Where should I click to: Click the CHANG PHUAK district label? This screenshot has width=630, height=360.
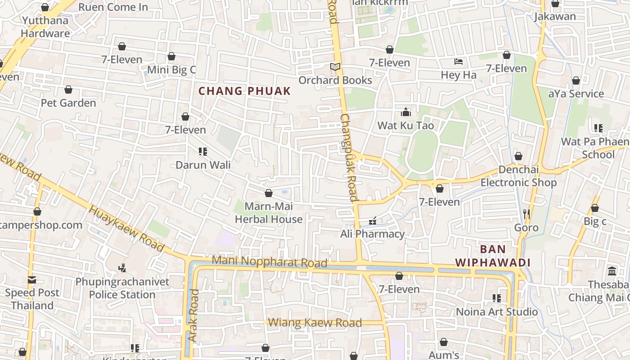(245, 91)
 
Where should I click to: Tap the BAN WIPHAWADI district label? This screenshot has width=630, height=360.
(493, 256)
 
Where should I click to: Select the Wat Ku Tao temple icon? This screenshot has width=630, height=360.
(406, 112)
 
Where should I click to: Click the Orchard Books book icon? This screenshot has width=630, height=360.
(335, 67)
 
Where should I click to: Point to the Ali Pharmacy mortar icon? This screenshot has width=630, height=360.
(372, 221)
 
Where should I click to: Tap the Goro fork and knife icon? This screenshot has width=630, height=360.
(526, 214)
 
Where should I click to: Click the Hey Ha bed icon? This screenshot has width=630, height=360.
(458, 62)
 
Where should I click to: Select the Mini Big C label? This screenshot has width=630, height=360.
(171, 70)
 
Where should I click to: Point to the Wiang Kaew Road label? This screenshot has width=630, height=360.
(315, 323)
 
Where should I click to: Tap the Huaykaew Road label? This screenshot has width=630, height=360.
(126, 228)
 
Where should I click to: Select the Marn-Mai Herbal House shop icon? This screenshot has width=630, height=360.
(269, 193)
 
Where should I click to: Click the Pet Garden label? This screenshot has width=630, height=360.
(68, 103)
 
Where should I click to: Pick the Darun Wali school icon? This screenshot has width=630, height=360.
(203, 152)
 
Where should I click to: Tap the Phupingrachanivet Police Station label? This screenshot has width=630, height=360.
(122, 288)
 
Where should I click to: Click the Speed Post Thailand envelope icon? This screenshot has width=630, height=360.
(31, 280)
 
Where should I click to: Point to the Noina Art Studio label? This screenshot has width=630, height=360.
(497, 312)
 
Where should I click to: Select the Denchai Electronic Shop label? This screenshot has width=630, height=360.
(518, 176)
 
